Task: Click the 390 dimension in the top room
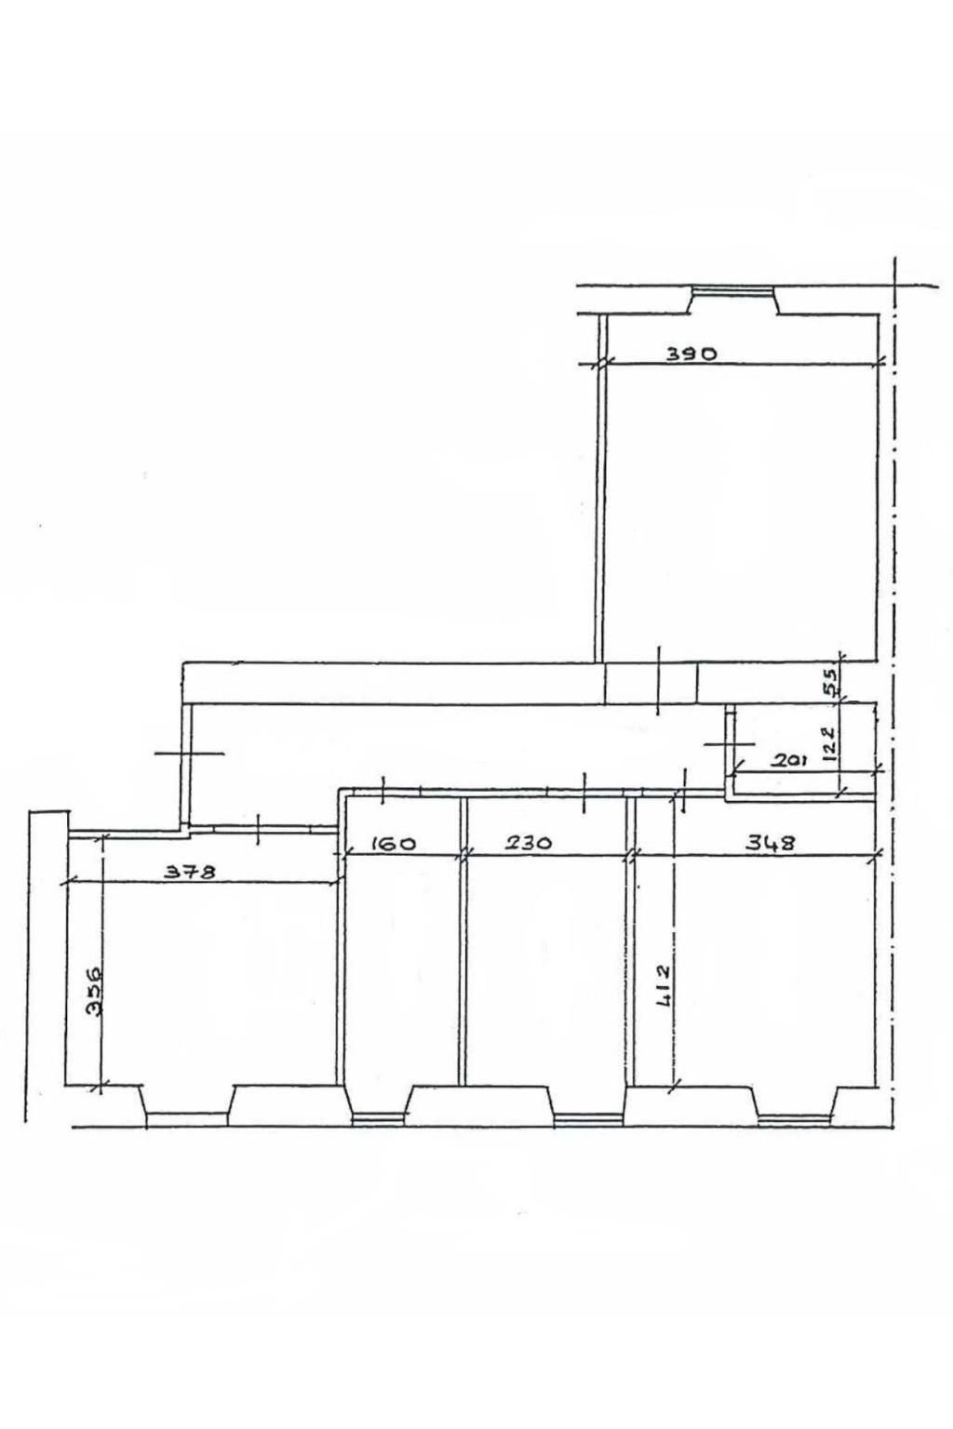691,353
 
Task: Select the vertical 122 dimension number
829,743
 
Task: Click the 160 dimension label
392,844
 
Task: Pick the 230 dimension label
528,844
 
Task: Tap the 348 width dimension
772,843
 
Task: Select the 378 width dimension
190,872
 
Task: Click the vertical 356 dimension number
94,993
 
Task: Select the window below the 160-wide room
378,1119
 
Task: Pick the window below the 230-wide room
587,1119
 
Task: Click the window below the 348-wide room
794,1119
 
